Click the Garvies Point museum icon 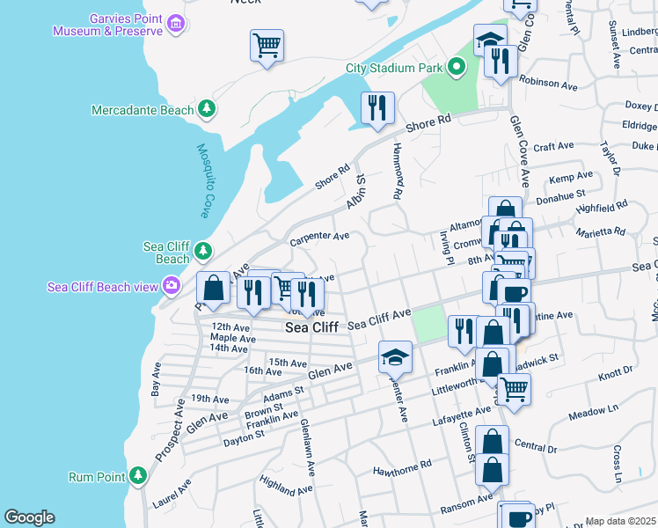[176, 23]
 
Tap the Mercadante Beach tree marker [207, 110]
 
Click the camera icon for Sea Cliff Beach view [171, 285]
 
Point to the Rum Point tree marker [138, 476]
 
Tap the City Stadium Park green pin [456, 67]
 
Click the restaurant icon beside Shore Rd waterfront [377, 108]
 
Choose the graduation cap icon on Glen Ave [396, 356]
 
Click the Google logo [29, 517]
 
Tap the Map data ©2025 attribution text [621, 521]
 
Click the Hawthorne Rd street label [401, 465]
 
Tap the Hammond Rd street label [398, 170]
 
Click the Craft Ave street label [552, 146]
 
